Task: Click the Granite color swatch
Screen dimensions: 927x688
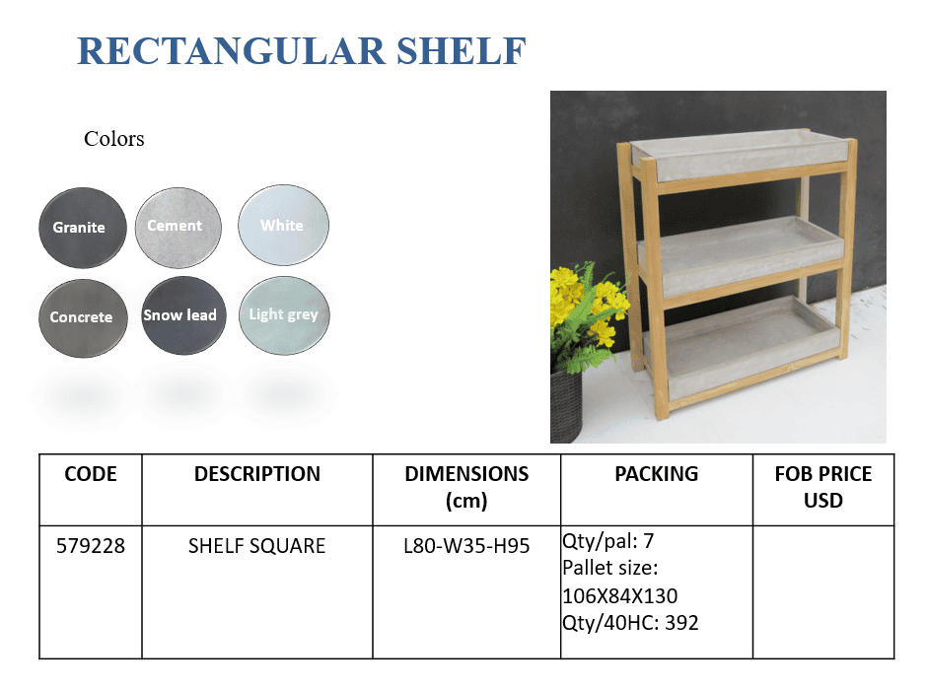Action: (83, 228)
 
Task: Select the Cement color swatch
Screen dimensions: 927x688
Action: (178, 228)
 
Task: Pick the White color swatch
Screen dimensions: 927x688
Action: (283, 225)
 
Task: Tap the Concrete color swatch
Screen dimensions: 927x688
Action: (83, 318)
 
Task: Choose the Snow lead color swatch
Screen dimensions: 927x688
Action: (183, 315)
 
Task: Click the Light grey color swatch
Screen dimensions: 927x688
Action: (284, 315)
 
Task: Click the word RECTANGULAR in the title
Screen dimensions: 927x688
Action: (231, 51)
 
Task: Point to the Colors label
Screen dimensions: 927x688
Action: (114, 139)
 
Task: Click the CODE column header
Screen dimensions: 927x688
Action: (91, 474)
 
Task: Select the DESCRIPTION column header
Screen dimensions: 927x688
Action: (257, 474)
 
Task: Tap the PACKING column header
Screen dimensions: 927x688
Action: (656, 474)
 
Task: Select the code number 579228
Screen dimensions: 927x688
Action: (91, 545)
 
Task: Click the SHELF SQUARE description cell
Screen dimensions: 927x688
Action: (256, 545)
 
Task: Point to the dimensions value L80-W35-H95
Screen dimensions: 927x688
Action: (466, 545)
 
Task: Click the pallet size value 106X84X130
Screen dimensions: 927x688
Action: (619, 595)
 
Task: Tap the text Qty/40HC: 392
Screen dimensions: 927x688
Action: (630, 623)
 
